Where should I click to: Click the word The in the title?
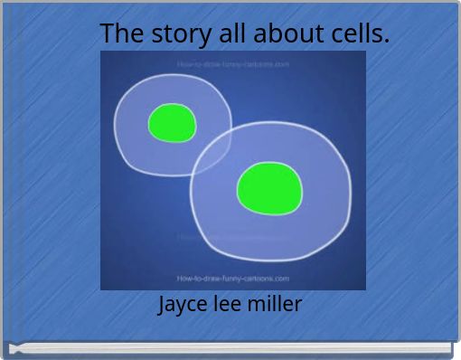[x=119, y=34]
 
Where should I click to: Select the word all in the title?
[x=229, y=34]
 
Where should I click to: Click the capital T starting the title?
[x=108, y=34]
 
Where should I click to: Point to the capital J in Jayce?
[x=163, y=306]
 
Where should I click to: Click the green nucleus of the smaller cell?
[x=172, y=122]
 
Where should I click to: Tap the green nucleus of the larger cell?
[x=268, y=188]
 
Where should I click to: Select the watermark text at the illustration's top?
[x=232, y=64]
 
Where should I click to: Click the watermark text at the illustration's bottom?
[x=232, y=279]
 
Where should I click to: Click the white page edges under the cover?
[x=230, y=348]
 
